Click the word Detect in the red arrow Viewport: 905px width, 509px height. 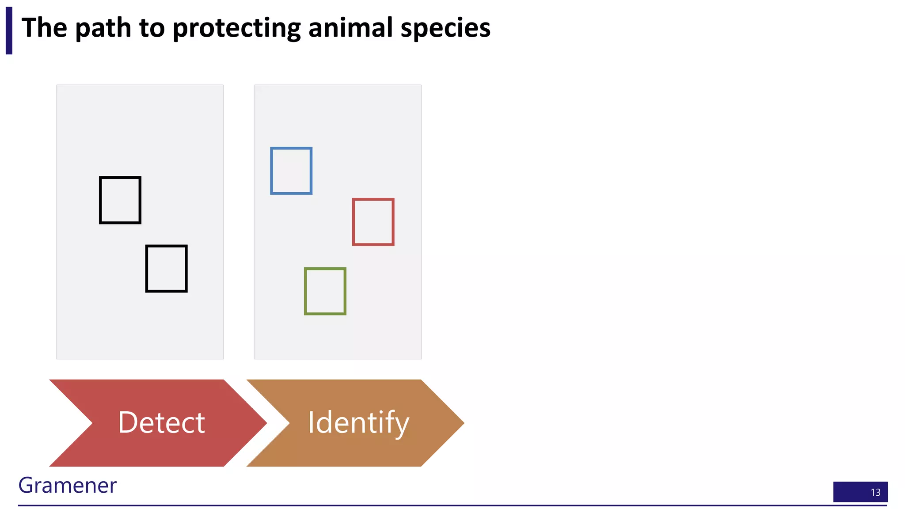161,423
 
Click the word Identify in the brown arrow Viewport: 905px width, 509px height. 358,423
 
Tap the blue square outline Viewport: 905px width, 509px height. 291,171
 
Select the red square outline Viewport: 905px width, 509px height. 373,222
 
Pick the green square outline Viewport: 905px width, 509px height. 325,291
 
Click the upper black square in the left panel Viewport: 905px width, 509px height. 120,200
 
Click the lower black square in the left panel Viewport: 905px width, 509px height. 166,269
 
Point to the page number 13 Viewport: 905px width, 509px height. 875,492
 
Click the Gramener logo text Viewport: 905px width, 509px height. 67,485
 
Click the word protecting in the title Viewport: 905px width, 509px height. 236,28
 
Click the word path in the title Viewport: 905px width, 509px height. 103,28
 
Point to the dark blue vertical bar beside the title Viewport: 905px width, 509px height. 9,30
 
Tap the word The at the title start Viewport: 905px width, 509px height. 44,27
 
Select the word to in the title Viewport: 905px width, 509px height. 152,28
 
